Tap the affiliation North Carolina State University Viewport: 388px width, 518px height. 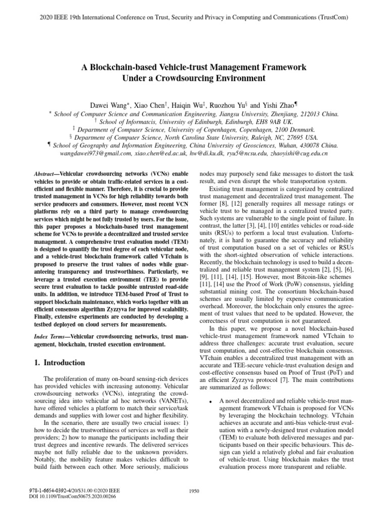coord(219,137)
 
